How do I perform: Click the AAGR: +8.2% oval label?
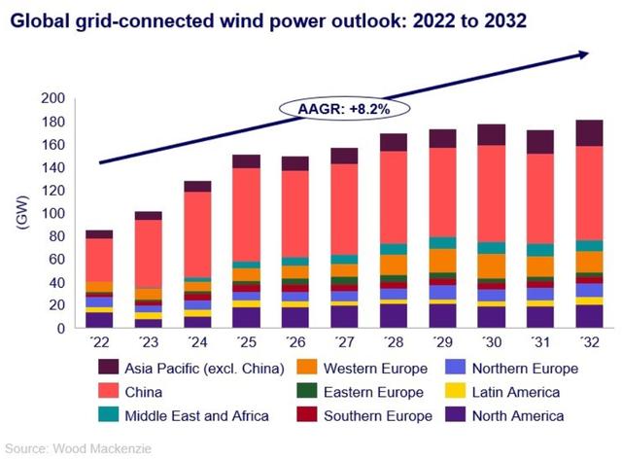pyautogui.click(x=344, y=109)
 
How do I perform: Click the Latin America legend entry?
pyautogui.click(x=514, y=392)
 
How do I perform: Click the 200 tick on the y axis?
pyautogui.click(x=52, y=98)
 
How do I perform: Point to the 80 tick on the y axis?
pyautogui.click(x=56, y=236)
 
